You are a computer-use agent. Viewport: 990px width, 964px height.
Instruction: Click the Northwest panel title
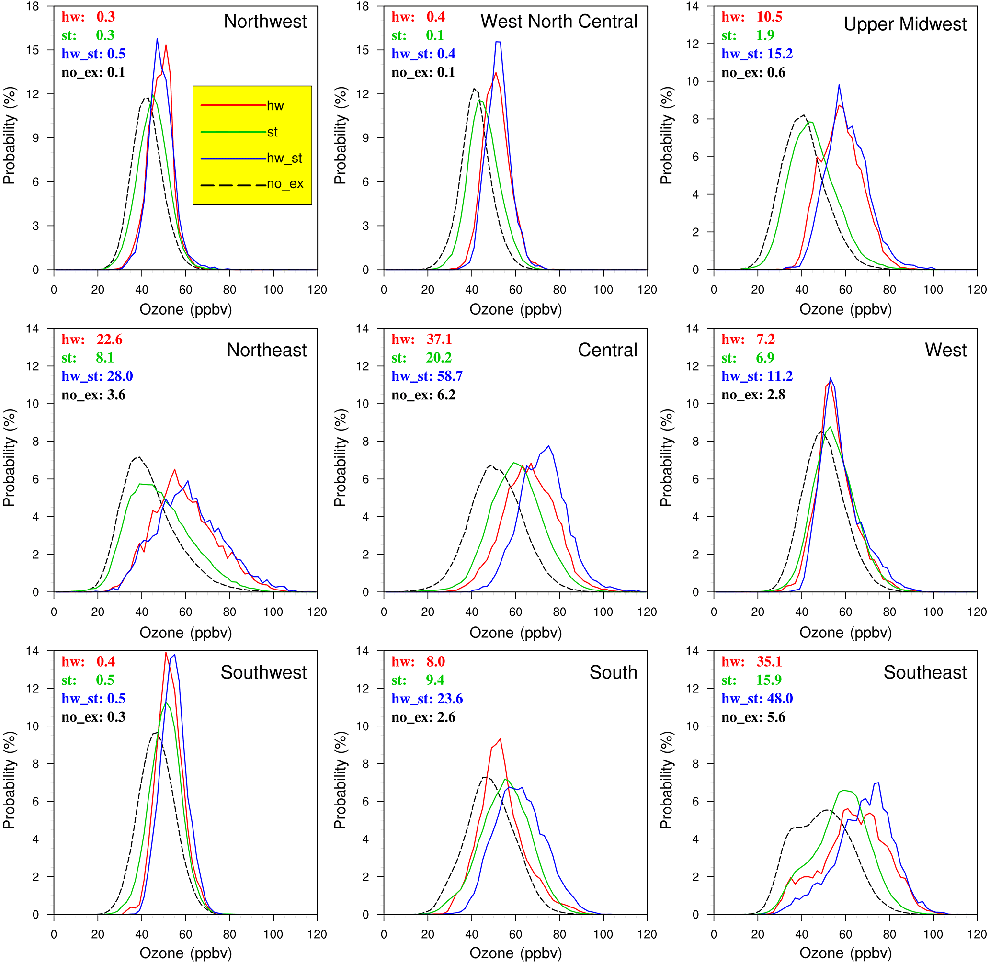265,21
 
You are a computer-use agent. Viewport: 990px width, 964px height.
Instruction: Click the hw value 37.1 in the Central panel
439,339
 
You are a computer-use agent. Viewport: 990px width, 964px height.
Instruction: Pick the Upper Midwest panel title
904,24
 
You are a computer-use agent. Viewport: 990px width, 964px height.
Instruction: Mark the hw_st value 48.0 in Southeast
779,699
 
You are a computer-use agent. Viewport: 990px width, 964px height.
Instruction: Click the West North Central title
558,21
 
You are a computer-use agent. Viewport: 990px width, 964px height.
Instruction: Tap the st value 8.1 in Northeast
105,358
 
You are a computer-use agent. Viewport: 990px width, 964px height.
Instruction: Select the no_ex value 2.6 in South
445,717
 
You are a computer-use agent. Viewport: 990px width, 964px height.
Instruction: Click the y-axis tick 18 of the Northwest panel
33,7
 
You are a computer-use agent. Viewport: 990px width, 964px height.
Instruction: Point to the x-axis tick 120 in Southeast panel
977,934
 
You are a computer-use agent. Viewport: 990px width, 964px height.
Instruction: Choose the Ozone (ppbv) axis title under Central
515,633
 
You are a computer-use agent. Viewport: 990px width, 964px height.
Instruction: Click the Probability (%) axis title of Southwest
9,780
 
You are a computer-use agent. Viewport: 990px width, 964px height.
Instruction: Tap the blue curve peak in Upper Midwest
839,85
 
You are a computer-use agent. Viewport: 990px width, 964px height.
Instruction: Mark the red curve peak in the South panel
500,739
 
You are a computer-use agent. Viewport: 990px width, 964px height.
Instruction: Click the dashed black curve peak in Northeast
138,457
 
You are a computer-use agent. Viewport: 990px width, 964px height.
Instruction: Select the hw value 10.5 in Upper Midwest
769,17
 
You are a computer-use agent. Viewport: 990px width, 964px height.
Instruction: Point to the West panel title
945,350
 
